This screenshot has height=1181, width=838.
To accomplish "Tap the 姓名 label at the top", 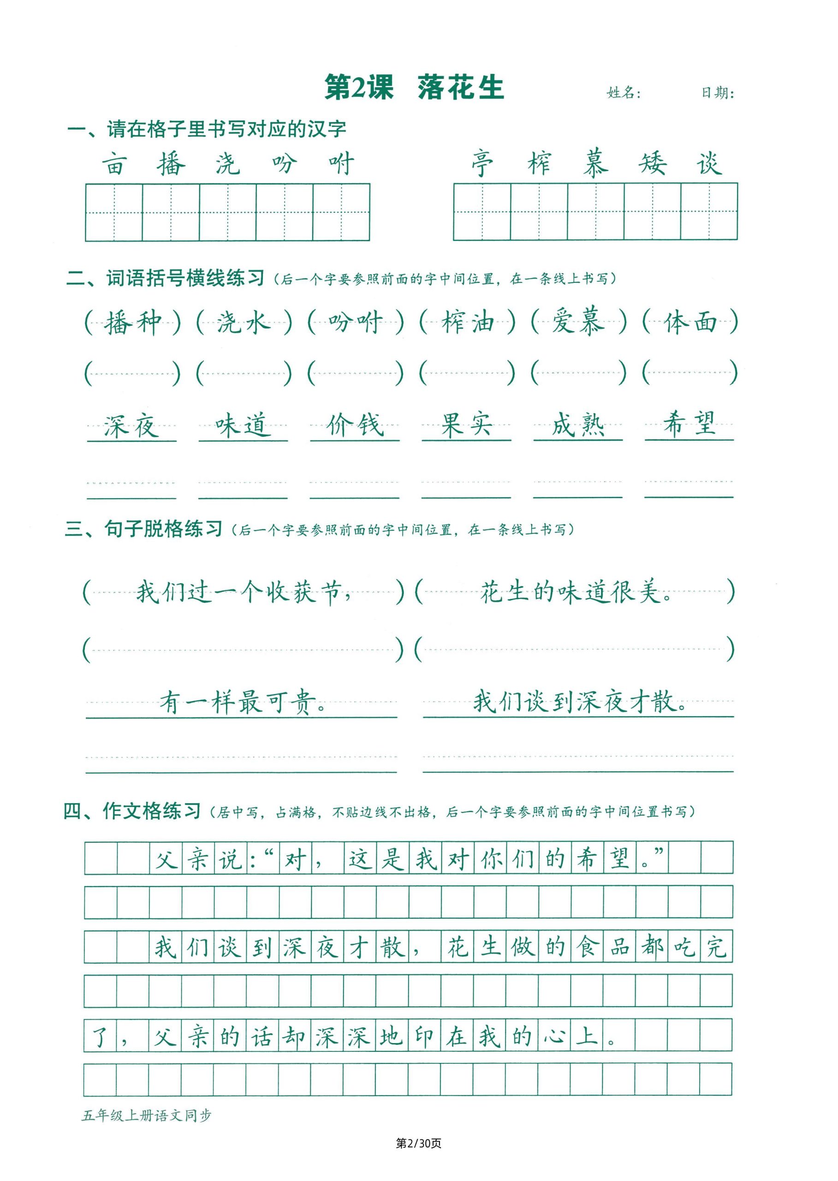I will point(624,93).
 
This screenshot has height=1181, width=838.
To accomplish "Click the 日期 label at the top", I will point(717,93).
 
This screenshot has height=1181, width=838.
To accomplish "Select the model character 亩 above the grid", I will point(114,164).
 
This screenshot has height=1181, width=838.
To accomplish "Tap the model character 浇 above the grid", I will point(227,164).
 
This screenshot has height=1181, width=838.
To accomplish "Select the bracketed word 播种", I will point(133,322).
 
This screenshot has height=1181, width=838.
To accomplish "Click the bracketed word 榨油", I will point(468,322).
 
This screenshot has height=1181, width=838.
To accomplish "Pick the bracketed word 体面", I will point(690,322).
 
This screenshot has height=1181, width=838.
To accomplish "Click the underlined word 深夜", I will point(131,426).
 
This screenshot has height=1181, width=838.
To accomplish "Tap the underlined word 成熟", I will point(578,426).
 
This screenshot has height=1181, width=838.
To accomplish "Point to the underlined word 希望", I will point(689,424).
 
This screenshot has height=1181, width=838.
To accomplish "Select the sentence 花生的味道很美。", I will point(576,592).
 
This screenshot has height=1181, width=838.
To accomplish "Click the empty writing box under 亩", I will point(114,212).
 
